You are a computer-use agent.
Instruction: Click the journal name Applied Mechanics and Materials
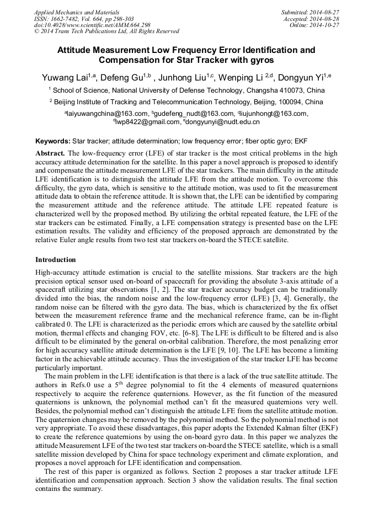pyautogui.click(x=76, y=12)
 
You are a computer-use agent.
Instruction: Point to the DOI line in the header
pyautogui.click(x=92, y=25)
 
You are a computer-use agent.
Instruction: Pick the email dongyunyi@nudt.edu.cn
pyautogui.click(x=223, y=122)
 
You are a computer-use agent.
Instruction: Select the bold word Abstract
pyautogui.click(x=50, y=152)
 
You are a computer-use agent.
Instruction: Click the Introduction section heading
pyautogui.click(x=56, y=259)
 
